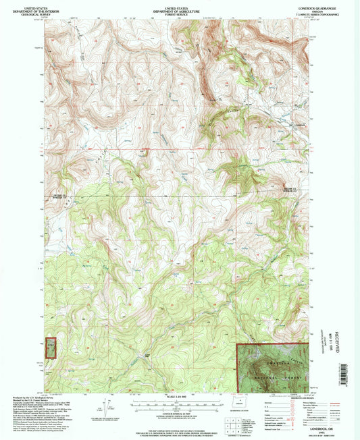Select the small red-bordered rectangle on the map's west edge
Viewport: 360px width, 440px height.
tap(49, 345)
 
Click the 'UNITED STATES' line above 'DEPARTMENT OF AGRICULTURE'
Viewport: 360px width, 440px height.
tap(179, 3)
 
